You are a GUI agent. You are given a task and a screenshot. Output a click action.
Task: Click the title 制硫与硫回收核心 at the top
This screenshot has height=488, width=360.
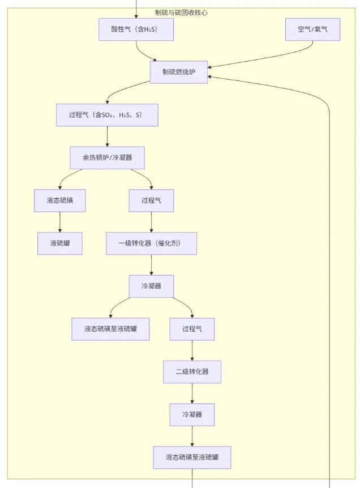181,12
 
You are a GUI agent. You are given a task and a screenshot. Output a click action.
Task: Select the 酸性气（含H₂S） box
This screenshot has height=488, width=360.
135,29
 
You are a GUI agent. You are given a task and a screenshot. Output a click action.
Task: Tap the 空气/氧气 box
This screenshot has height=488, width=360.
312,29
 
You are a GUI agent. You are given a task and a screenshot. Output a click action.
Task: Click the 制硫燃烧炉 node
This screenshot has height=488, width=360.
178,72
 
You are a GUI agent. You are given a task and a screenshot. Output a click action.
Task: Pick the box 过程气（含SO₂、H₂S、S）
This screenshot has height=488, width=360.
107,115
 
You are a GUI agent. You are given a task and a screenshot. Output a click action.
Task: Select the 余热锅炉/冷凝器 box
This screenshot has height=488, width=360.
107,158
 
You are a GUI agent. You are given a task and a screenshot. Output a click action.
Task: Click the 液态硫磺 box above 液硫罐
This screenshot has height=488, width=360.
60,200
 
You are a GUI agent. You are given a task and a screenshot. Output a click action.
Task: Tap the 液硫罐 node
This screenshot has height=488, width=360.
60,243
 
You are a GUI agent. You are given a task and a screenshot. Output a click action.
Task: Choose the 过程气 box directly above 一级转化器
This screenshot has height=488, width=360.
150,200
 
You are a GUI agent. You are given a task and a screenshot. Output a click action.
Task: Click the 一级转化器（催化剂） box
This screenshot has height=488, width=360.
151,243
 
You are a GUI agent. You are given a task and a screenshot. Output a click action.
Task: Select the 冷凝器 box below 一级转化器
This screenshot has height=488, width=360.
151,286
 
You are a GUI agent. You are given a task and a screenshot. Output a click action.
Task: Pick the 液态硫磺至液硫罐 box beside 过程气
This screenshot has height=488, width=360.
110,329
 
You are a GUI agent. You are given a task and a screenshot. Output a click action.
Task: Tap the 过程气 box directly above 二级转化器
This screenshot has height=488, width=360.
192,329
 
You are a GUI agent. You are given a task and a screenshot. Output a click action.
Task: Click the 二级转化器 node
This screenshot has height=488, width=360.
192,372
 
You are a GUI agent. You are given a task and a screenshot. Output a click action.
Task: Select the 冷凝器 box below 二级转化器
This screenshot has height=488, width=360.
192,414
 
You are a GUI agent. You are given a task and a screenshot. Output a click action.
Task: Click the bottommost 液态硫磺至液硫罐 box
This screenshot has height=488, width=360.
192,457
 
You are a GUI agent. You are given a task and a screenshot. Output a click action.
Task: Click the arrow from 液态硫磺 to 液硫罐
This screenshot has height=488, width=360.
60,222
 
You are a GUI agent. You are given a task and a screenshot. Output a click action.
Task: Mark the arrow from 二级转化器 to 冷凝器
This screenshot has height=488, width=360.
192,393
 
